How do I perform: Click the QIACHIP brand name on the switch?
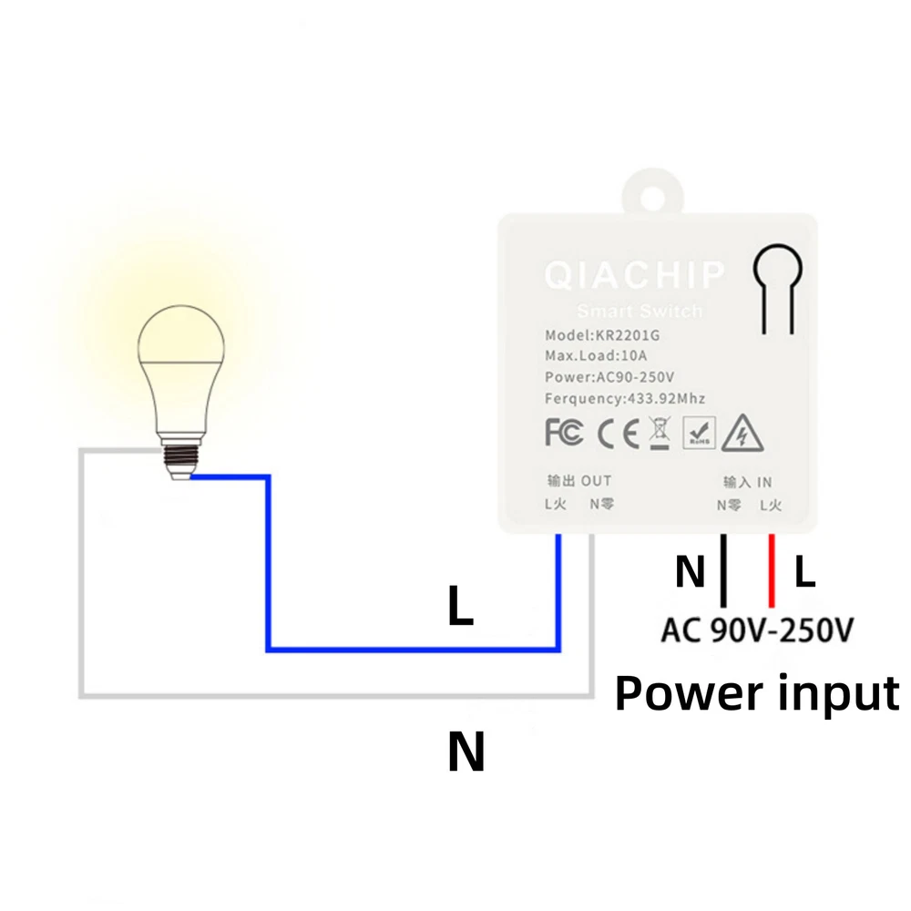(x=634, y=274)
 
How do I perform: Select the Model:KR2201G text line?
(x=601, y=334)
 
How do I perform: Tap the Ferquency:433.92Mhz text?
(x=625, y=398)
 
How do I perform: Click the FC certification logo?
(x=564, y=434)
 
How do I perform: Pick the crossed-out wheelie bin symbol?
(x=659, y=433)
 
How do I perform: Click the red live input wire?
(x=772, y=570)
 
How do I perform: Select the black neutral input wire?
(x=723, y=570)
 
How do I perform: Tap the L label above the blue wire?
(x=461, y=608)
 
